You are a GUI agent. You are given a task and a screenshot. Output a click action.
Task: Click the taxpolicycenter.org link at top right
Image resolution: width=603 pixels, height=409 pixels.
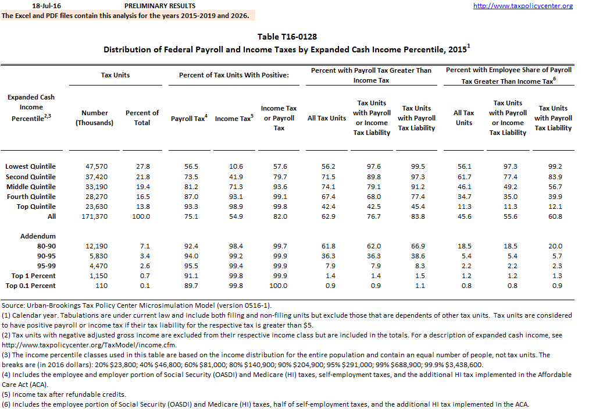coord(523,6)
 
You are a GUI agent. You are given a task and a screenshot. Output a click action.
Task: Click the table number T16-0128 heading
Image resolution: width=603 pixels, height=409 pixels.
coord(287,37)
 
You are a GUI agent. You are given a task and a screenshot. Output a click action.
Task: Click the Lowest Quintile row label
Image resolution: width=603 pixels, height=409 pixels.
coord(31,166)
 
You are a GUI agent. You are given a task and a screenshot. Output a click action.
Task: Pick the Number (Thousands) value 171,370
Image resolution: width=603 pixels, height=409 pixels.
coord(95,216)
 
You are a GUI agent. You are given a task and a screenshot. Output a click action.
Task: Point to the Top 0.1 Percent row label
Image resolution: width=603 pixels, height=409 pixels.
coord(31,286)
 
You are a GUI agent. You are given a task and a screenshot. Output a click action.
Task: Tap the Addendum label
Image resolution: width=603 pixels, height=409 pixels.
coord(38,236)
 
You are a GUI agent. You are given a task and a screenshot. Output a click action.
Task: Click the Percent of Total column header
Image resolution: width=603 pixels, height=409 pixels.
coord(142,118)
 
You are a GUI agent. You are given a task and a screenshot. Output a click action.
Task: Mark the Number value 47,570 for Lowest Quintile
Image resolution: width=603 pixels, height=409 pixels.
coord(96,166)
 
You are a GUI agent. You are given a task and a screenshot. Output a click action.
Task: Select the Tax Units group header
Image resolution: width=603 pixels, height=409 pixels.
coord(115,75)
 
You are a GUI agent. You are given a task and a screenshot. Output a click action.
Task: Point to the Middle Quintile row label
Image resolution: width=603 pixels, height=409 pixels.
coord(31,187)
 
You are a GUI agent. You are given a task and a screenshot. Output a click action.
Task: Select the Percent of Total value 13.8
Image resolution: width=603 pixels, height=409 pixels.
coord(142,207)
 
